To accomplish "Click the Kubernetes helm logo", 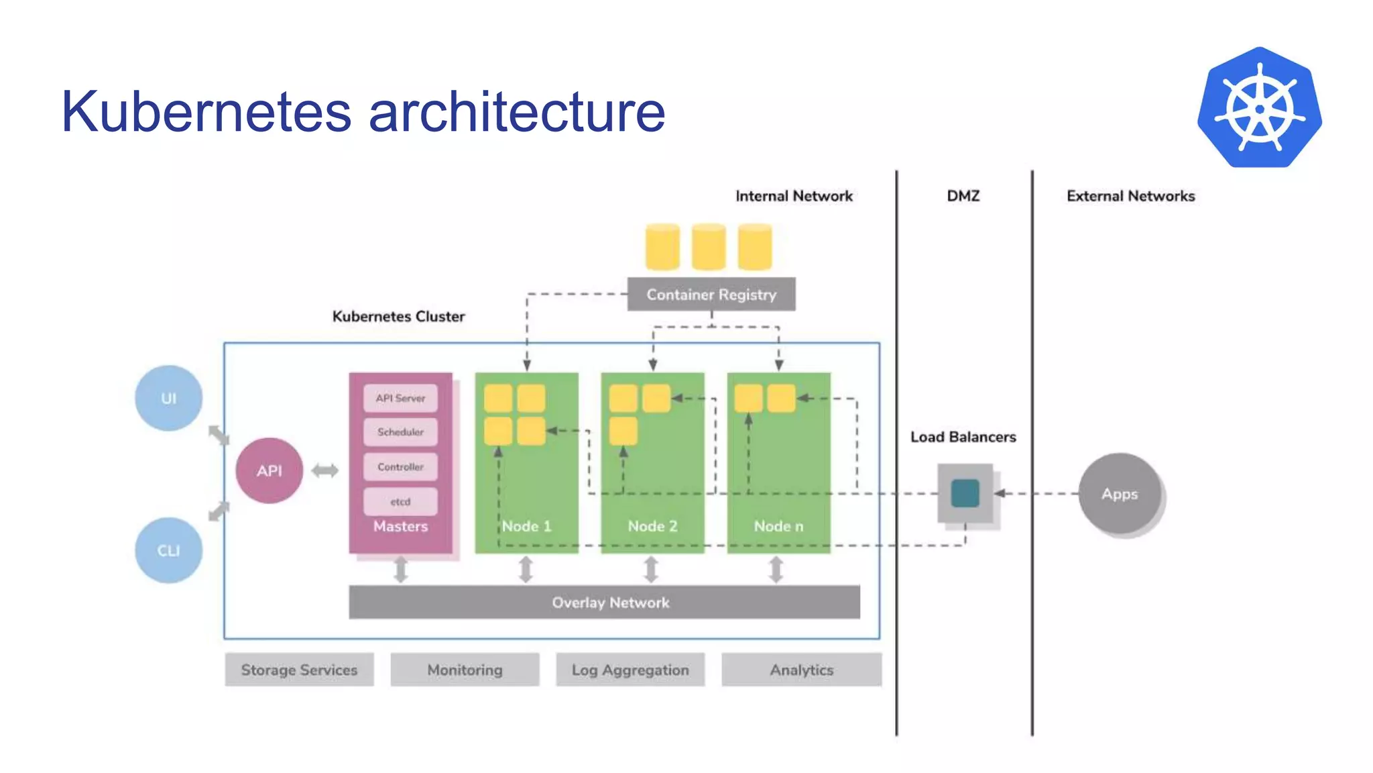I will (x=1259, y=108).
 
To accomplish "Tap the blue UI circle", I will (x=168, y=398).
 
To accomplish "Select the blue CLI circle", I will (x=168, y=550).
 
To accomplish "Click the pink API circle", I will (x=269, y=470).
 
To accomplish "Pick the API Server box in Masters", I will (x=400, y=398).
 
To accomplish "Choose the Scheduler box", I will (x=400, y=432).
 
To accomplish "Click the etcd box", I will (x=400, y=501).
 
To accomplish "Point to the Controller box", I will (x=400, y=466).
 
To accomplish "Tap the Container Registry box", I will (x=711, y=295).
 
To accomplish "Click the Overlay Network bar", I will (x=604, y=602).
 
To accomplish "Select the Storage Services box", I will (x=299, y=670).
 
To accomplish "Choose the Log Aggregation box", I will (x=630, y=670).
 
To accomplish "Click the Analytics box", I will (x=801, y=670).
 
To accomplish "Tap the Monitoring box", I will (x=465, y=670).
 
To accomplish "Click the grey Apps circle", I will (x=1120, y=494).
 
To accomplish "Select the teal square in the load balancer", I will (x=965, y=493).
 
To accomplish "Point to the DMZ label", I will (x=963, y=196).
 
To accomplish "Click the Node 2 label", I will (x=652, y=526).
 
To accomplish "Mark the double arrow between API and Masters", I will (x=325, y=470).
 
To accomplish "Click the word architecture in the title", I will (x=517, y=111).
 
